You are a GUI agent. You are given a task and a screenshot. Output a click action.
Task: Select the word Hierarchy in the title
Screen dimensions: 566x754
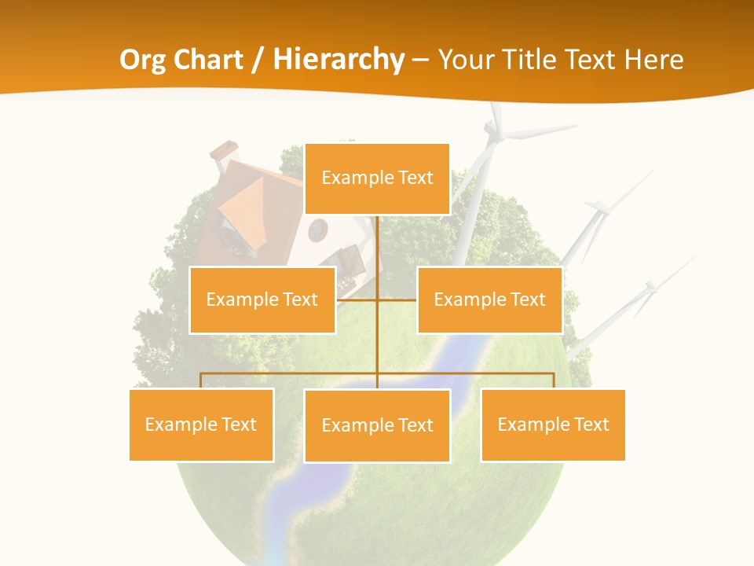click(339, 60)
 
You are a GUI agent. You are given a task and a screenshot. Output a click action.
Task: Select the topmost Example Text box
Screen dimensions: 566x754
click(377, 178)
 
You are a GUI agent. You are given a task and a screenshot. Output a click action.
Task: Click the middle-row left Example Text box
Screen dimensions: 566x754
click(262, 300)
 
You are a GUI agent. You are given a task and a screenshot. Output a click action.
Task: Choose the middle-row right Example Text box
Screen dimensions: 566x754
click(489, 300)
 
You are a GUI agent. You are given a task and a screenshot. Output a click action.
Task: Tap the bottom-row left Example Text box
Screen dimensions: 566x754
click(201, 424)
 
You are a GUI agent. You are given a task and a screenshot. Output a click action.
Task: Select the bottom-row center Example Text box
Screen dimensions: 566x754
click(377, 425)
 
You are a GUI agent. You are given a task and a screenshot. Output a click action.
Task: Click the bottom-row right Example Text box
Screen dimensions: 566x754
click(553, 424)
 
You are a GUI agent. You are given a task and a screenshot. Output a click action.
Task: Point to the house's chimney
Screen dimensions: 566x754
click(225, 153)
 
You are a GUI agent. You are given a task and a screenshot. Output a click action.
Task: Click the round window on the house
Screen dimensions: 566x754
click(317, 230)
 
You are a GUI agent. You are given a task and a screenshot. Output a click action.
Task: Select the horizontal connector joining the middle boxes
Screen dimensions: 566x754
click(377, 300)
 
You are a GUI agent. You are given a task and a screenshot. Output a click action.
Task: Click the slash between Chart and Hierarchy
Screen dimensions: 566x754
click(258, 60)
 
